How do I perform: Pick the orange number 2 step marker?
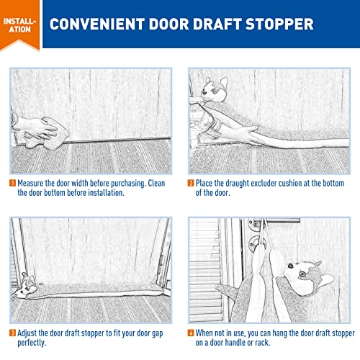pos(191,183)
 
